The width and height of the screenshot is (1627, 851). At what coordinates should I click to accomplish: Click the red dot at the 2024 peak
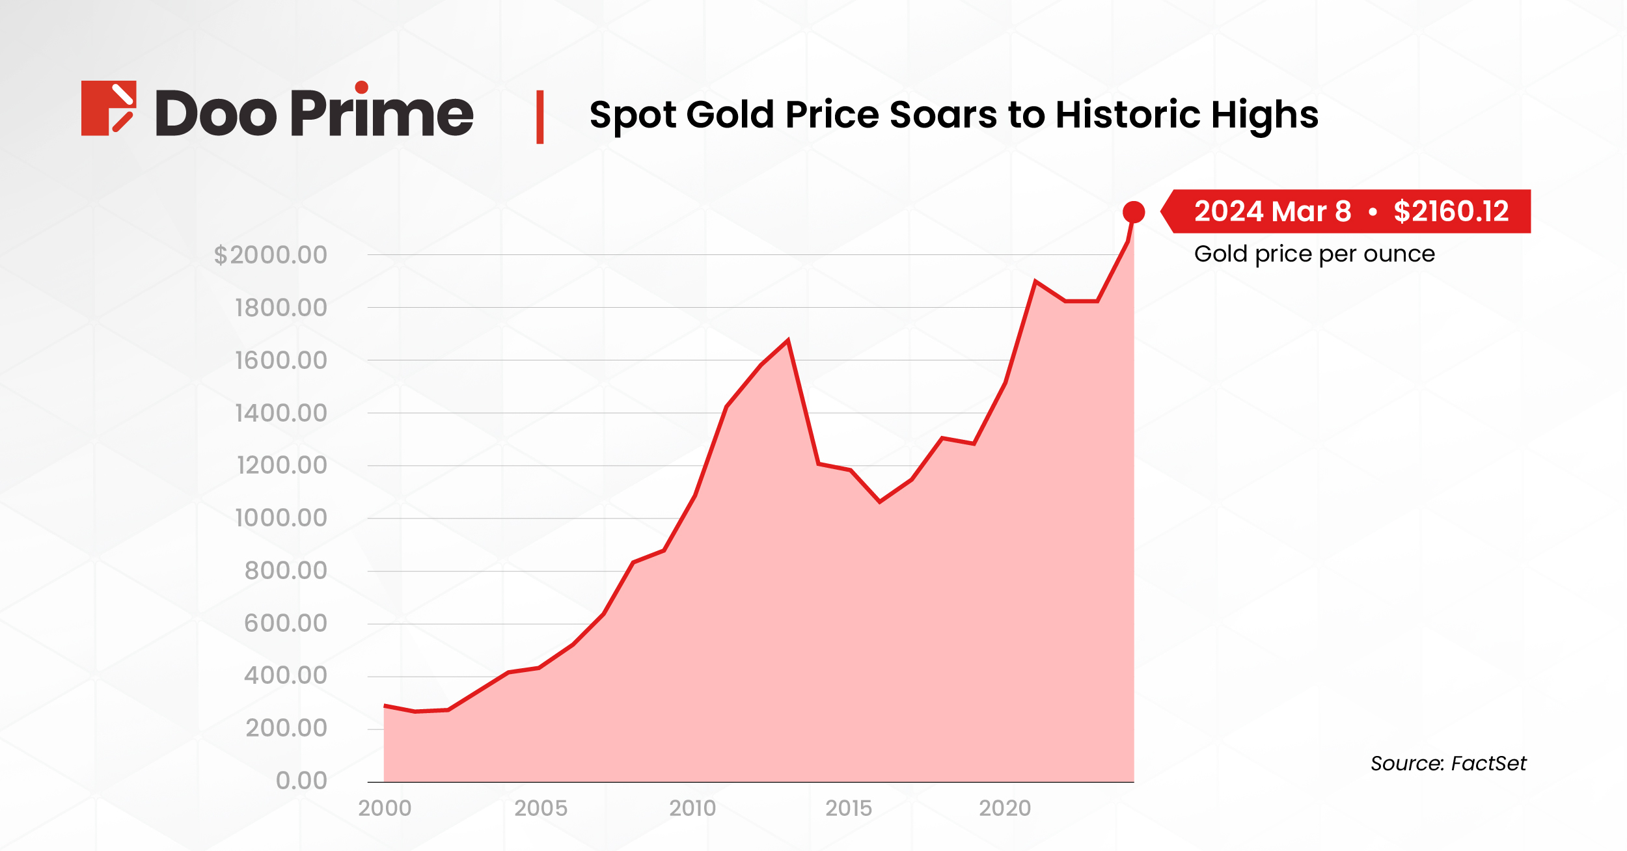[x=1133, y=212]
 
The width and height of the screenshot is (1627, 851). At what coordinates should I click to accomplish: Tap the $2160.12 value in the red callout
[x=1451, y=211]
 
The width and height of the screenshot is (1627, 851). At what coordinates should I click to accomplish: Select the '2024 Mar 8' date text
[x=1272, y=211]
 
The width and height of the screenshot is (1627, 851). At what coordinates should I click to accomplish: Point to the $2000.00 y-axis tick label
[x=271, y=255]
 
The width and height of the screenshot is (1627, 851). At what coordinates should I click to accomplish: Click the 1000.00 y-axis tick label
[x=280, y=519]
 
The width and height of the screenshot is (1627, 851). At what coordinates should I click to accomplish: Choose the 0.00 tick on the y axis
[x=301, y=780]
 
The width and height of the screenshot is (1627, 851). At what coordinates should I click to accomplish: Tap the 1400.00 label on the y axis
[x=280, y=413]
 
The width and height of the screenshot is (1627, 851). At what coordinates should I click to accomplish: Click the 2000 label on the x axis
[x=385, y=808]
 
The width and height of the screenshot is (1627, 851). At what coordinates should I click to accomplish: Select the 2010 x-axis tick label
[x=692, y=808]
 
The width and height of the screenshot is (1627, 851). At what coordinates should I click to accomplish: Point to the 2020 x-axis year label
[x=1005, y=808]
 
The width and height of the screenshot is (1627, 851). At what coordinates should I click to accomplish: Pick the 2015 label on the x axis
[x=848, y=808]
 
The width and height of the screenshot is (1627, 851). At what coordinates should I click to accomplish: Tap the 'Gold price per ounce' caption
[x=1314, y=254]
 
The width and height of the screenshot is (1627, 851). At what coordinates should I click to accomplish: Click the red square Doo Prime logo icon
[x=109, y=108]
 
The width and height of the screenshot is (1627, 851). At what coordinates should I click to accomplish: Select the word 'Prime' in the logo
[x=382, y=113]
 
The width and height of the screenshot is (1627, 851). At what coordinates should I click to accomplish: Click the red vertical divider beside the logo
[x=540, y=117]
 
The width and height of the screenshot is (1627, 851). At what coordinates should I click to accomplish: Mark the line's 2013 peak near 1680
[x=788, y=340]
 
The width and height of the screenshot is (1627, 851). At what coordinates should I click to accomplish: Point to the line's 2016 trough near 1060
[x=880, y=502]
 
